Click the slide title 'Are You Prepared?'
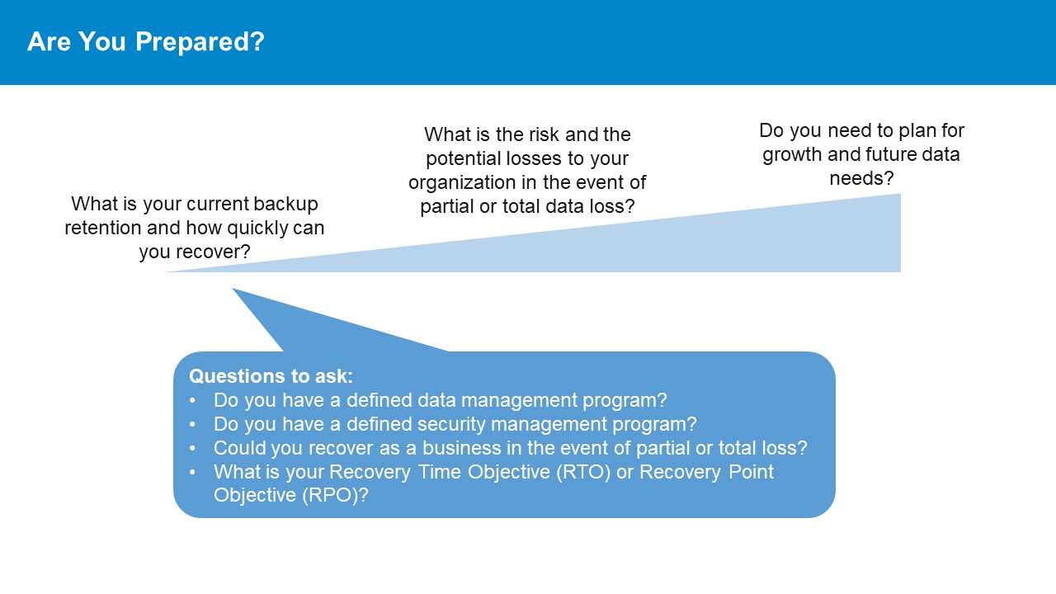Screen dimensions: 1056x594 [146, 42]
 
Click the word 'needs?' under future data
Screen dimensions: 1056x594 [861, 179]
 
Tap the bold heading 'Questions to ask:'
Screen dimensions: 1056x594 [271, 376]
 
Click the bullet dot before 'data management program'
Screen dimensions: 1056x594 [192, 401]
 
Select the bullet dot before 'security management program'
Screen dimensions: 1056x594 [192, 424]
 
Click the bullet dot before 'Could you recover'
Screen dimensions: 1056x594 [192, 448]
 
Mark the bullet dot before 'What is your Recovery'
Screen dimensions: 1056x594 [192, 472]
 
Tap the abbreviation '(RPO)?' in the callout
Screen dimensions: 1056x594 [335, 496]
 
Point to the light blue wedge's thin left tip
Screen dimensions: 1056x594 [166, 271]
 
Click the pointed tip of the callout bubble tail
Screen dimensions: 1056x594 [233, 289]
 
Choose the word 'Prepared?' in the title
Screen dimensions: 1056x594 [200, 42]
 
